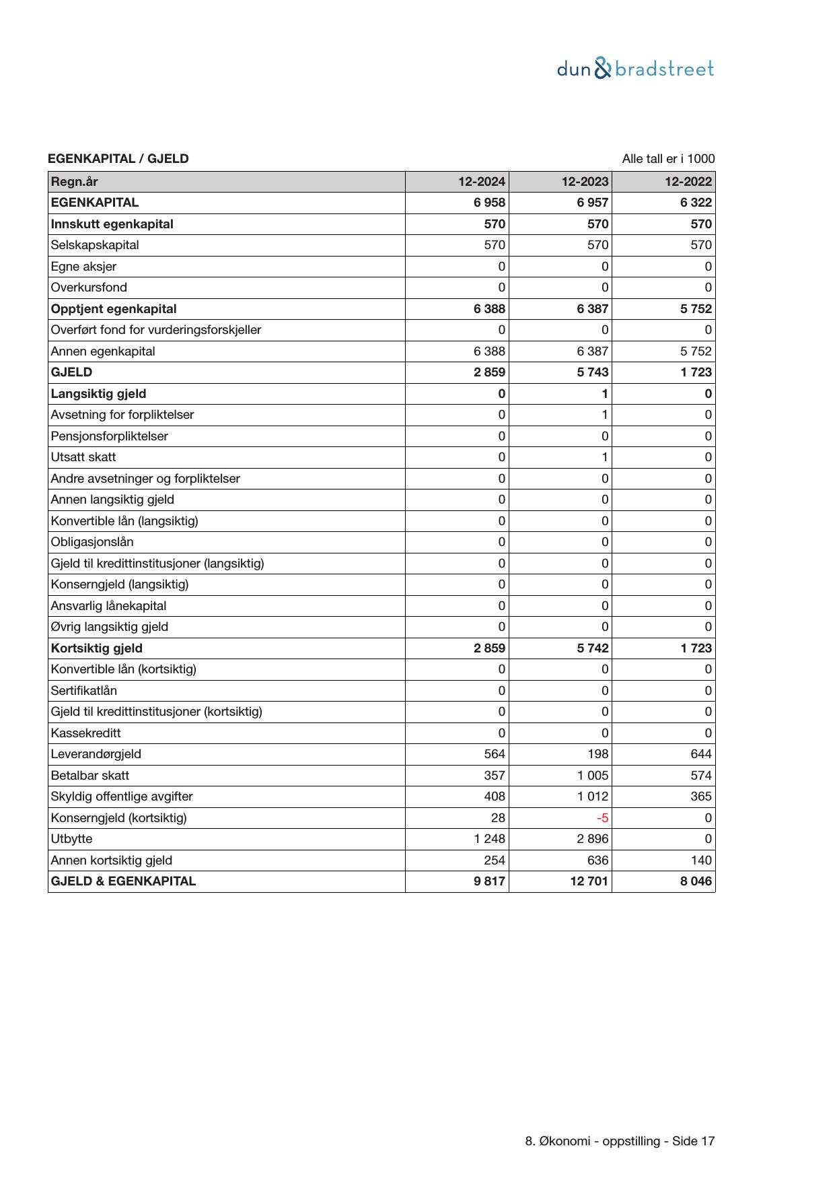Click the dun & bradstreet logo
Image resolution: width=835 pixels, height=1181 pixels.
[635, 69]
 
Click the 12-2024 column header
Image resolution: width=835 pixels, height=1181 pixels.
[482, 181]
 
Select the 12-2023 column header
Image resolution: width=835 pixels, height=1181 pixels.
[585, 181]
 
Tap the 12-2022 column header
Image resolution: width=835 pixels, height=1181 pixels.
[688, 181]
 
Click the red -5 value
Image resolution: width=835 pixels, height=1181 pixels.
[603, 818]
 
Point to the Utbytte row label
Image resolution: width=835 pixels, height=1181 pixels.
[71, 839]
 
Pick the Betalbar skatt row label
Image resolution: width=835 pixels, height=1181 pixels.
[90, 775]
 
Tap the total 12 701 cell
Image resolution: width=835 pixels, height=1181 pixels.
[588, 881]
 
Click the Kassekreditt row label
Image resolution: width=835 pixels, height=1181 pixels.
[86, 733]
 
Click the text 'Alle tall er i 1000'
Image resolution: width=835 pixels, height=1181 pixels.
[668, 159]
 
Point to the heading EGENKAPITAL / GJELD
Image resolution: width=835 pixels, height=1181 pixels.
[118, 159]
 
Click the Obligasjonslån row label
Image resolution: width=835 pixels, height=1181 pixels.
[92, 542]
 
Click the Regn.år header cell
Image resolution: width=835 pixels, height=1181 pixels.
[75, 181]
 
